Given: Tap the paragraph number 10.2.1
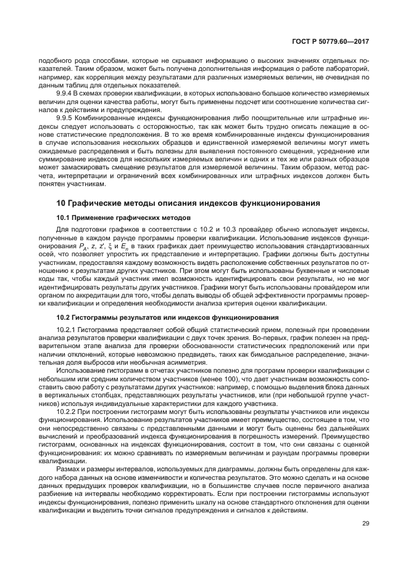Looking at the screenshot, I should tap(68, 330).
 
